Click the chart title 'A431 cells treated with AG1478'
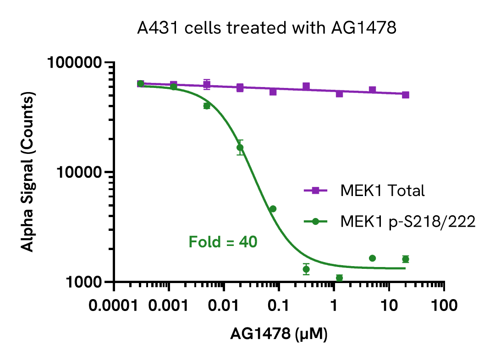(x=267, y=28)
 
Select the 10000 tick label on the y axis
(x=80, y=172)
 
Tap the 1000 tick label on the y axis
(x=84, y=282)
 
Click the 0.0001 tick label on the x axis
(x=114, y=305)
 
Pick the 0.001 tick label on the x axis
(x=169, y=305)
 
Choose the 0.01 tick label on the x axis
(x=224, y=305)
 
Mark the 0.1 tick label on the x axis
(x=279, y=305)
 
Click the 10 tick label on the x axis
(x=389, y=305)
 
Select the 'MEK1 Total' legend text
(x=382, y=191)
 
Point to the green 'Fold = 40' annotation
(x=223, y=241)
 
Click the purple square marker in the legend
(x=315, y=191)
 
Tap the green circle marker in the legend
(x=315, y=222)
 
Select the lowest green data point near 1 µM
(x=339, y=278)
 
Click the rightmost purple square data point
(x=406, y=95)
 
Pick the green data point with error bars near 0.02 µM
(x=240, y=147)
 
